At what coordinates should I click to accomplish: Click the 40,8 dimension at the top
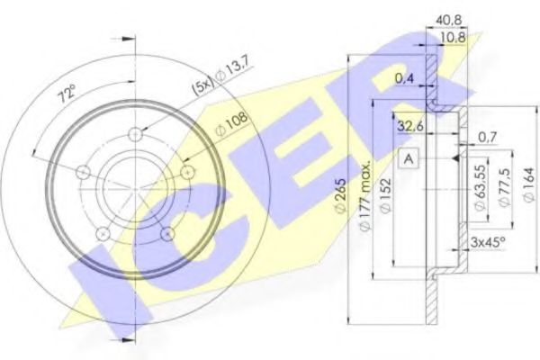tap(449, 20)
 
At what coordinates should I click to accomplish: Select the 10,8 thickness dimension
tap(453, 37)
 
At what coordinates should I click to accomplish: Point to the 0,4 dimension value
tap(404, 79)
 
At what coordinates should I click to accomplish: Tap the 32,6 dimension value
tap(410, 126)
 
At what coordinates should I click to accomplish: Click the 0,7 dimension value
tap(487, 138)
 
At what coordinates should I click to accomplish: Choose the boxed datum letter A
tap(409, 158)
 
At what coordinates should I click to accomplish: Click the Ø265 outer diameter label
tap(340, 196)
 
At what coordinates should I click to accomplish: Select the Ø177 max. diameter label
tap(365, 195)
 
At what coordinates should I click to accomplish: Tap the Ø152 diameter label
tap(386, 195)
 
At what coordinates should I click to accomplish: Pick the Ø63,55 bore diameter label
tap(481, 187)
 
